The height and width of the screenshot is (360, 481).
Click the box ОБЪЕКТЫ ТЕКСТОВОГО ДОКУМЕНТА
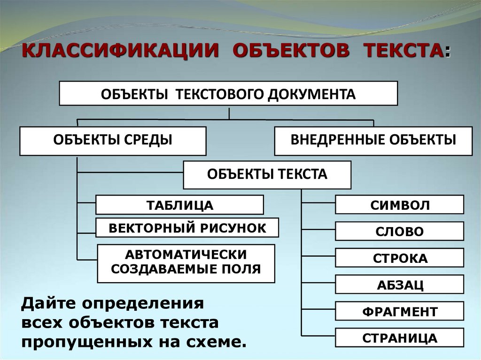(228, 93)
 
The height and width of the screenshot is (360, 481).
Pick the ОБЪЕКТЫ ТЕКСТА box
(267, 175)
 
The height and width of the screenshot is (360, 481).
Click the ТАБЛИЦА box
(179, 205)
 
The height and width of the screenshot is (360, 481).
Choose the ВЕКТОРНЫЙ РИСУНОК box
(187, 228)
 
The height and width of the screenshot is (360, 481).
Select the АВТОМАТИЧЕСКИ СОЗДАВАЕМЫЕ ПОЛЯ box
(186, 263)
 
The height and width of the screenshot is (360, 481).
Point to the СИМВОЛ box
(399, 205)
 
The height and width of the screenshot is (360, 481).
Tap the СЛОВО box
(399, 231)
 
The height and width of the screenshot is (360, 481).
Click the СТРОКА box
(399, 258)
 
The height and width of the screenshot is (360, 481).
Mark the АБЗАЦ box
(399, 285)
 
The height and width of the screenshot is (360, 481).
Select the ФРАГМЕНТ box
(399, 311)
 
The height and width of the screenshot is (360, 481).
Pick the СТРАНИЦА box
(399, 338)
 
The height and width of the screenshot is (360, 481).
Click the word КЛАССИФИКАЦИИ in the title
(121, 51)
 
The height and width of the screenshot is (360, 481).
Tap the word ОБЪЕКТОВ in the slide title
(291, 51)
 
